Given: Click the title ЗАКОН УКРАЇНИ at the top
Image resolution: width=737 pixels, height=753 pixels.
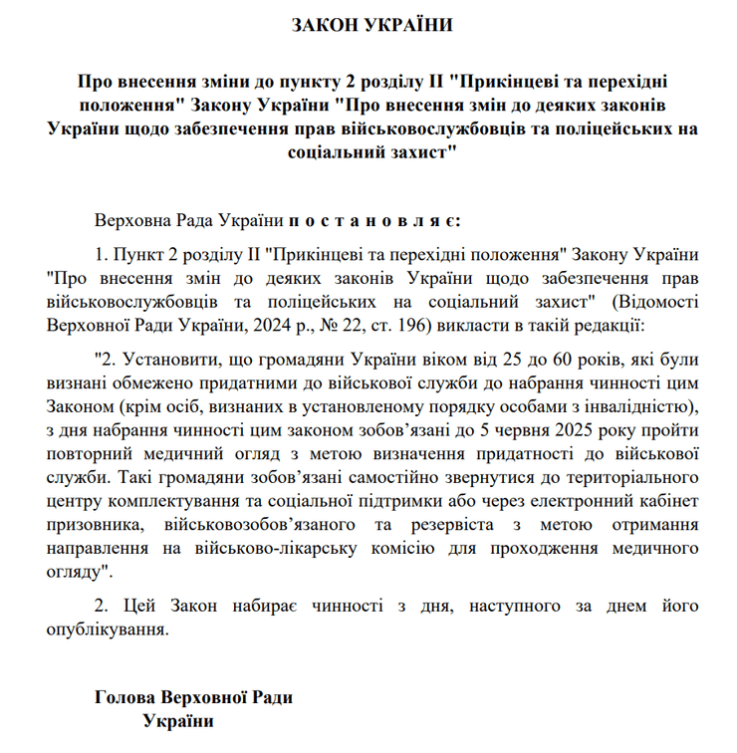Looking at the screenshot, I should (371, 25).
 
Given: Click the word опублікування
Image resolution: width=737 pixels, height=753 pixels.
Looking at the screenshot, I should (107, 628).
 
